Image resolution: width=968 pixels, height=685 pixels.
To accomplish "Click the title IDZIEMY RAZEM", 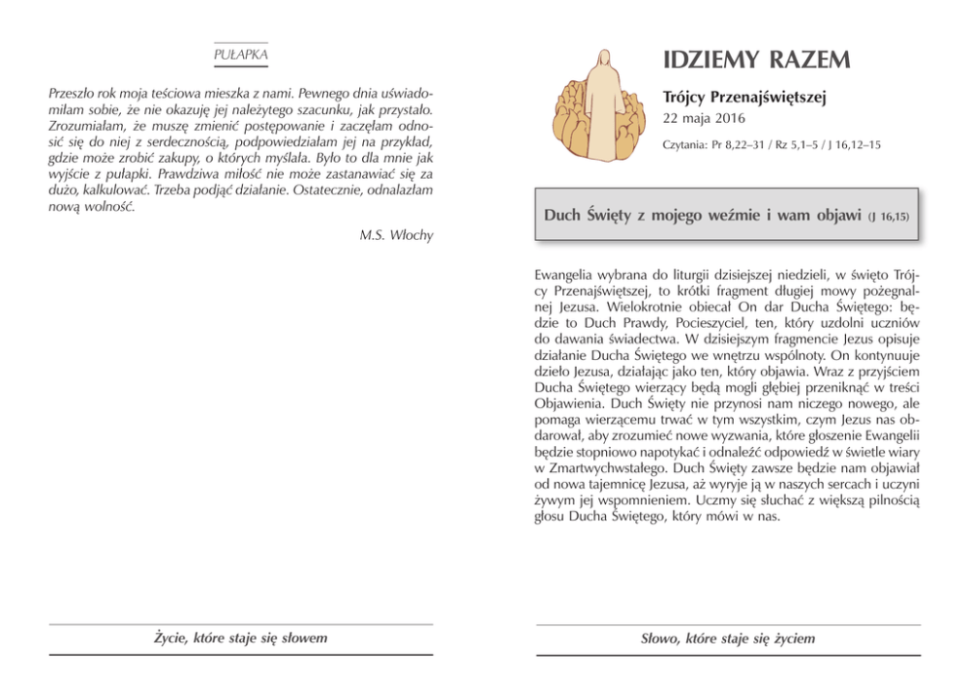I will (756, 60).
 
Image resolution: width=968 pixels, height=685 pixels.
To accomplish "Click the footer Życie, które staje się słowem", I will (240, 638).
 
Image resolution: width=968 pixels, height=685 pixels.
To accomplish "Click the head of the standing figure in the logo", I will (594, 59).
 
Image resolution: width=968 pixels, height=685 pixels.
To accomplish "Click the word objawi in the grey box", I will (837, 214).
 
